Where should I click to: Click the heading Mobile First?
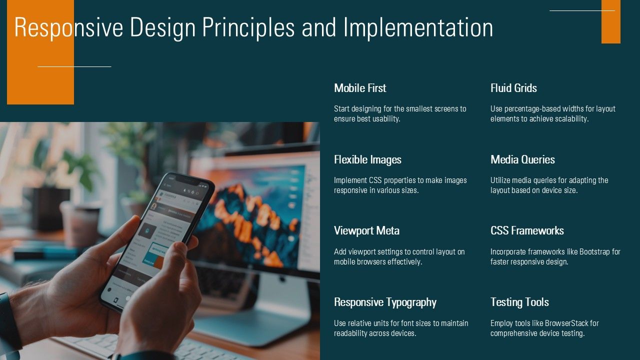point(360,88)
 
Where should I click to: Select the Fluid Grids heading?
point(513,88)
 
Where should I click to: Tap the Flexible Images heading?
point(367,159)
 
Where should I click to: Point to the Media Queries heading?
point(522,159)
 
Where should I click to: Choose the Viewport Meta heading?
point(366,230)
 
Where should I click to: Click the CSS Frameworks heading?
point(527,230)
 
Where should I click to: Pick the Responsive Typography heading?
point(385,302)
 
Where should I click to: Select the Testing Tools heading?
point(519,302)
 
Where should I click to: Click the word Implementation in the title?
point(418,27)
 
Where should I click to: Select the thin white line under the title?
point(74,66)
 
